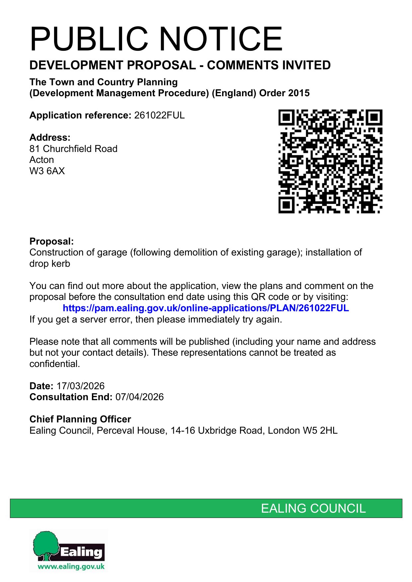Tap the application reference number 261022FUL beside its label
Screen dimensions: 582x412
(x=159, y=115)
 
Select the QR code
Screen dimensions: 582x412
(x=330, y=161)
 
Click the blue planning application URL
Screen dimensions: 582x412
(x=206, y=308)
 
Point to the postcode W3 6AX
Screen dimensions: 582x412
(x=47, y=171)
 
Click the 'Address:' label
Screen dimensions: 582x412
(x=50, y=137)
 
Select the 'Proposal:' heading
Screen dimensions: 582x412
(x=51, y=241)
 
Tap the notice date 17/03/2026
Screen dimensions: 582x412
(x=80, y=386)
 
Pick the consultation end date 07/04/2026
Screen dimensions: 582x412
(x=139, y=397)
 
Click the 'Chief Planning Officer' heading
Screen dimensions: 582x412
(x=80, y=419)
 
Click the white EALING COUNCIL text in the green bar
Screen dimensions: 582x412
(x=313, y=508)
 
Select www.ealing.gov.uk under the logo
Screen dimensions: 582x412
(x=71, y=566)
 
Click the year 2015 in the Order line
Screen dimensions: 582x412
(x=299, y=93)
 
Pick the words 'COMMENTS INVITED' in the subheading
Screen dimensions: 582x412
(x=269, y=65)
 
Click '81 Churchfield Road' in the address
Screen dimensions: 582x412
(x=73, y=149)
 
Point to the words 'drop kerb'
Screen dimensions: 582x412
(x=50, y=264)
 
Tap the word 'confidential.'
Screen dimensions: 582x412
(x=55, y=364)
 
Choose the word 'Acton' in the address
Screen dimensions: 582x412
(x=41, y=160)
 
